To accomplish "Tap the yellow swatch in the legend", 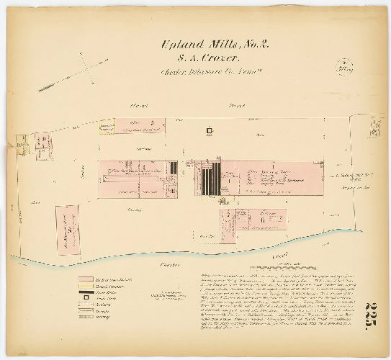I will click(x=86, y=284).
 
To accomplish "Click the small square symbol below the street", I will click(x=210, y=131).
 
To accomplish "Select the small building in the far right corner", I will click(x=374, y=128).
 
